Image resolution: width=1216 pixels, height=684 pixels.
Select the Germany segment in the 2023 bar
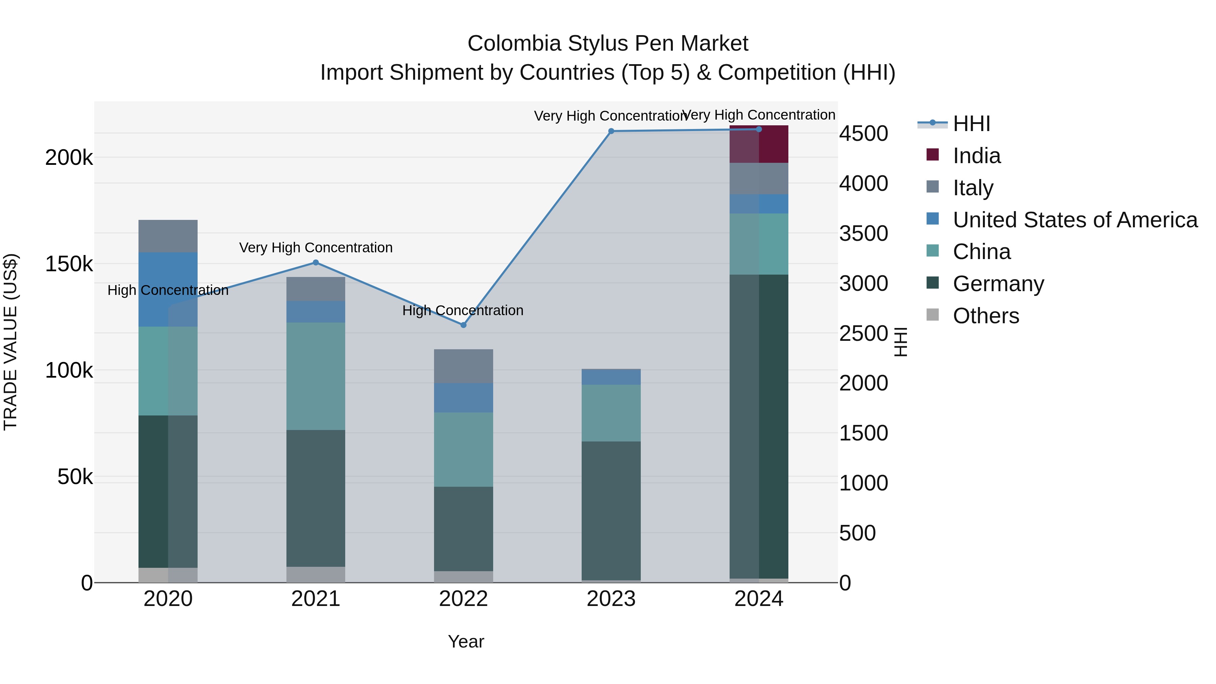[611, 511]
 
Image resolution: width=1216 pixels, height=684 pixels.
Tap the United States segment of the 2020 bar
[168, 289]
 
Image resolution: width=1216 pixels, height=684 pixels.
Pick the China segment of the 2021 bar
[316, 376]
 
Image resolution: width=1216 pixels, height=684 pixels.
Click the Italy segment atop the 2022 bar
[463, 366]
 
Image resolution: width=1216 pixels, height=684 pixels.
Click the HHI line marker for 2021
[316, 262]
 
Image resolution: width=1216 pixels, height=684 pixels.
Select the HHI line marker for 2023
[611, 131]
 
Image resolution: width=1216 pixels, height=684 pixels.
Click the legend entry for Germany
[998, 284]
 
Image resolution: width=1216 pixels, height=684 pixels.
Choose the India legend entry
[976, 156]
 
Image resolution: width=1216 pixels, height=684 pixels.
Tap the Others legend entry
[986, 316]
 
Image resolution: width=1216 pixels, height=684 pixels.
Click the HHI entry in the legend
[971, 124]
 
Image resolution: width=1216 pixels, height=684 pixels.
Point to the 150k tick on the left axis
[69, 264]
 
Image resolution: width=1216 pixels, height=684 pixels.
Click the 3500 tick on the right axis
[863, 234]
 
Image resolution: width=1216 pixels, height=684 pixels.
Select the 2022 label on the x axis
[463, 599]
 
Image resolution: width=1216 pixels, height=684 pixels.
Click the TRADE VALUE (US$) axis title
[10, 342]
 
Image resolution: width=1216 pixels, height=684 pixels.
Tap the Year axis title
[465, 641]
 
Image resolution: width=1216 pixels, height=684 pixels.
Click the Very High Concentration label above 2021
[316, 247]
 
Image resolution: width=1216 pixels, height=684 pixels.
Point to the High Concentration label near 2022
[463, 310]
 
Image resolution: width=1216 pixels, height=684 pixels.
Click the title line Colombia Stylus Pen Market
[608, 44]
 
